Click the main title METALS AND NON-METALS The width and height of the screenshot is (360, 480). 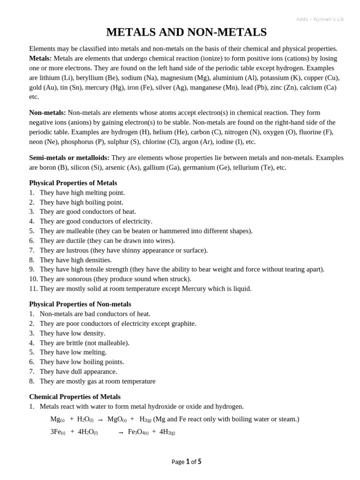click(186, 32)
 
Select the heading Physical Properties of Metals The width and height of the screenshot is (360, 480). click(73, 183)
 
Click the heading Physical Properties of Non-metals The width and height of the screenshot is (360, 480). click(80, 304)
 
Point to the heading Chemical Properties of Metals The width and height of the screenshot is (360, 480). click(75, 397)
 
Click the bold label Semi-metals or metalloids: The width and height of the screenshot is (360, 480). click(69, 157)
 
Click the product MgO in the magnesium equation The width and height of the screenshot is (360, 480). click(117, 419)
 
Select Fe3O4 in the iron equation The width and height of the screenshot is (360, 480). click(138, 432)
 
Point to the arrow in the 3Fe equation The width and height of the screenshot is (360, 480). click(121, 432)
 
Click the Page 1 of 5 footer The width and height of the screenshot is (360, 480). click(186, 462)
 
